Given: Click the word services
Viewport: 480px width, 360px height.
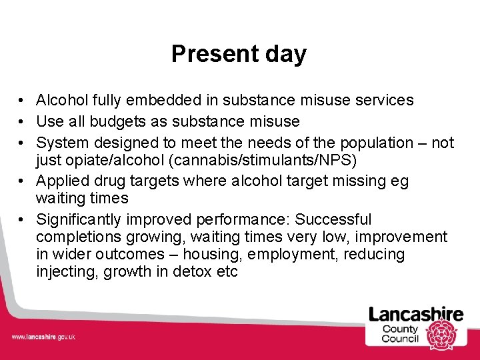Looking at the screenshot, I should point(383,101).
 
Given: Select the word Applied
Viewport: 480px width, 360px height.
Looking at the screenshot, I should point(63,181).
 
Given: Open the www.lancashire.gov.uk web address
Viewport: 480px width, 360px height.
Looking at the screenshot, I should point(43,337).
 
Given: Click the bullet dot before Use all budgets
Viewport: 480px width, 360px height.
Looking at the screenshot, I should point(22,122).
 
